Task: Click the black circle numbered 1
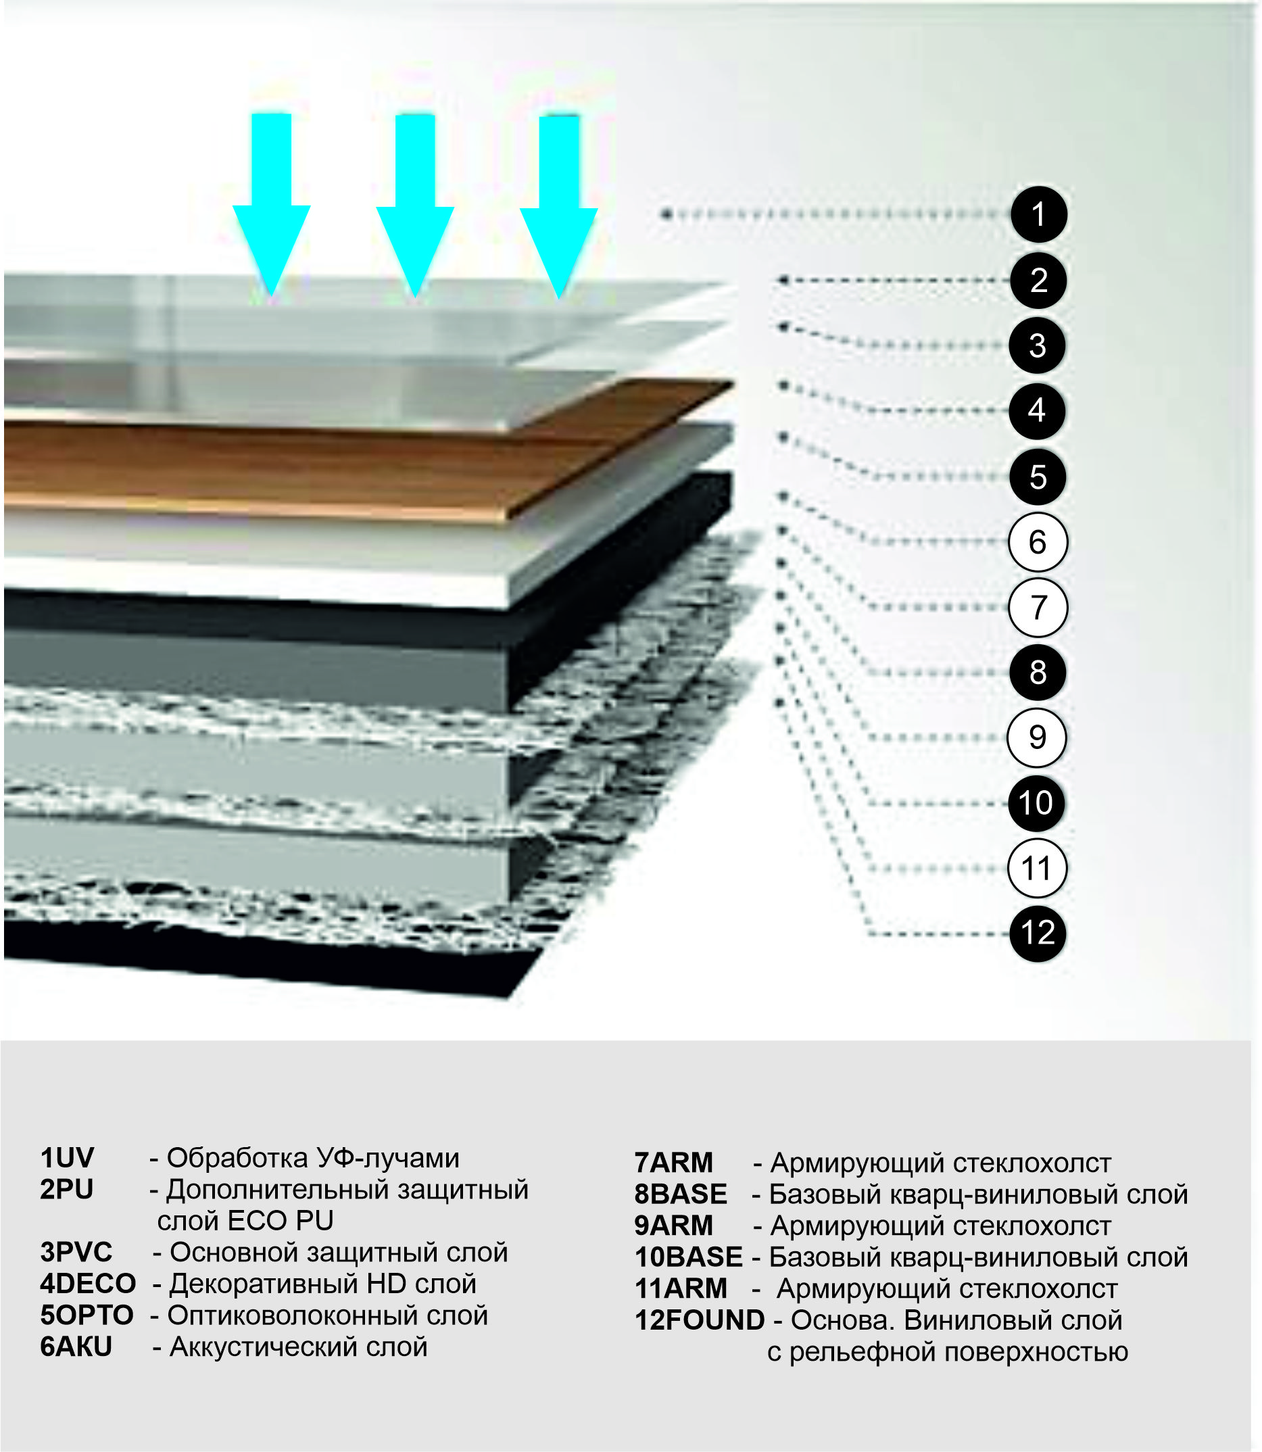tap(1039, 214)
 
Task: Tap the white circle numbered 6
tap(1038, 542)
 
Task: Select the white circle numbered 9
tap(1037, 738)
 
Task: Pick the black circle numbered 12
tap(1038, 934)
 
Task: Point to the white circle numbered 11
tap(1037, 868)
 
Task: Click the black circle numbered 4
tap(1037, 410)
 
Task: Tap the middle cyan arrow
tap(415, 205)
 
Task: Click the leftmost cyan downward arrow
tap(271, 204)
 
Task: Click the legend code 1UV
tap(67, 1159)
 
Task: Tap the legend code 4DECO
tap(88, 1284)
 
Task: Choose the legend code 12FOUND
tap(700, 1320)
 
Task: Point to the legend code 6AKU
tap(76, 1347)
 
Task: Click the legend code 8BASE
tap(680, 1194)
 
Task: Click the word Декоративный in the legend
tap(263, 1284)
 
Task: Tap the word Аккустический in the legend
tap(266, 1347)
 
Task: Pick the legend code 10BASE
tap(689, 1257)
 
